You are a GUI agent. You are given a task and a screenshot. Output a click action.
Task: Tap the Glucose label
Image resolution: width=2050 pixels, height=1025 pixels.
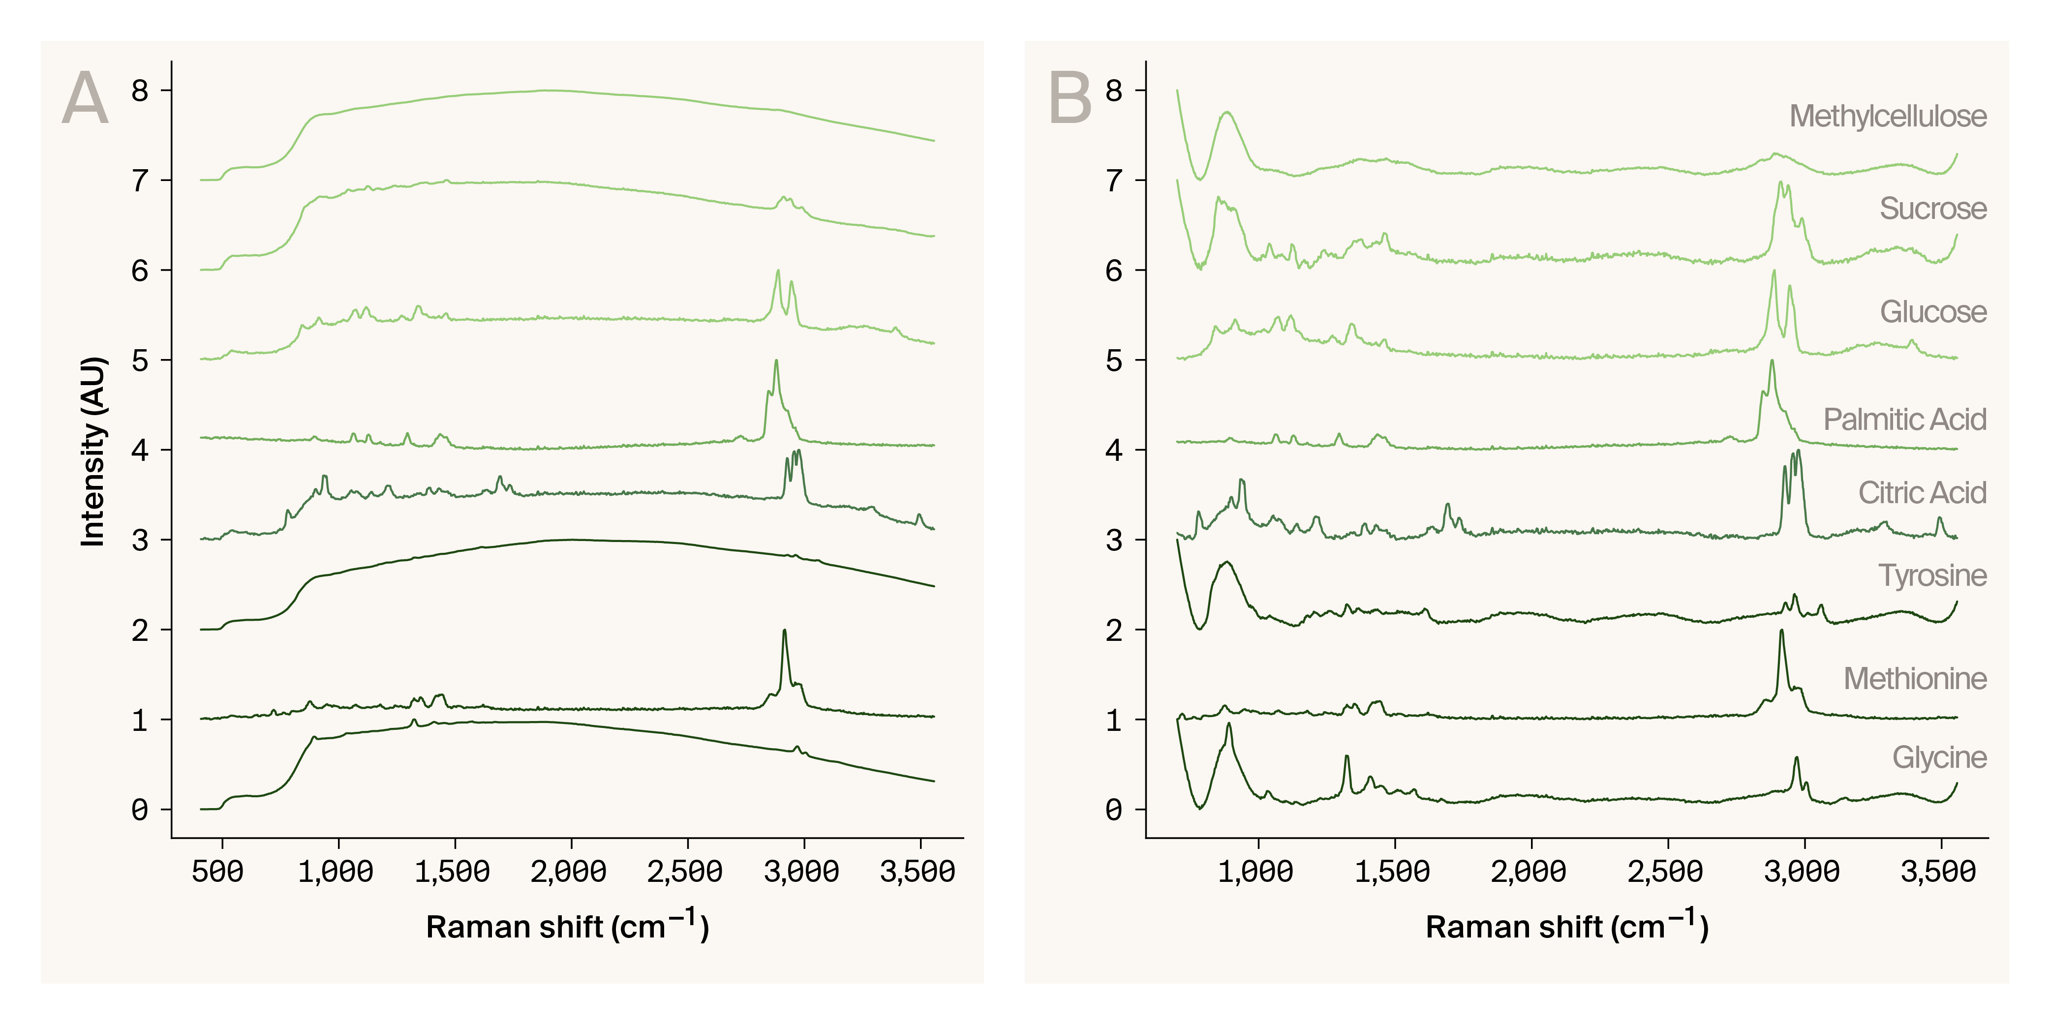coord(1932,312)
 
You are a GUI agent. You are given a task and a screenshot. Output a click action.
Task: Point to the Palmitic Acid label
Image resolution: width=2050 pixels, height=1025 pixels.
coord(1904,420)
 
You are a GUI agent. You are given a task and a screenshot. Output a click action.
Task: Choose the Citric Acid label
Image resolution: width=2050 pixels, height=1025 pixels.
coord(1922,493)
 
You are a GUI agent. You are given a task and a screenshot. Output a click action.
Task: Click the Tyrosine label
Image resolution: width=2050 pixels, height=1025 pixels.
coord(1932,575)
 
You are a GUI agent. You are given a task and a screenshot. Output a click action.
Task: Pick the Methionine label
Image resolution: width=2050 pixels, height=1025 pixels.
coord(1915,679)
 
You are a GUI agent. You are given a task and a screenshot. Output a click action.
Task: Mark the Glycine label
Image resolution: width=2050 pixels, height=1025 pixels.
coord(1939,757)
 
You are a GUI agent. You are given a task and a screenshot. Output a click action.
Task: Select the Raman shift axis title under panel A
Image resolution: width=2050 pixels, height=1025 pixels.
coord(567,926)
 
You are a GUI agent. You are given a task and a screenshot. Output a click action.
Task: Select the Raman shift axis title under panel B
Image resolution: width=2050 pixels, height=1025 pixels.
coord(1566,926)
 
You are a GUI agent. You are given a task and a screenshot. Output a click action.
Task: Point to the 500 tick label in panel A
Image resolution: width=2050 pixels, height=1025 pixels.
coord(218,872)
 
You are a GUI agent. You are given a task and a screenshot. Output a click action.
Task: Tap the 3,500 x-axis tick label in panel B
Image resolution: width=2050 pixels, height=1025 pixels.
coord(1938,872)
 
